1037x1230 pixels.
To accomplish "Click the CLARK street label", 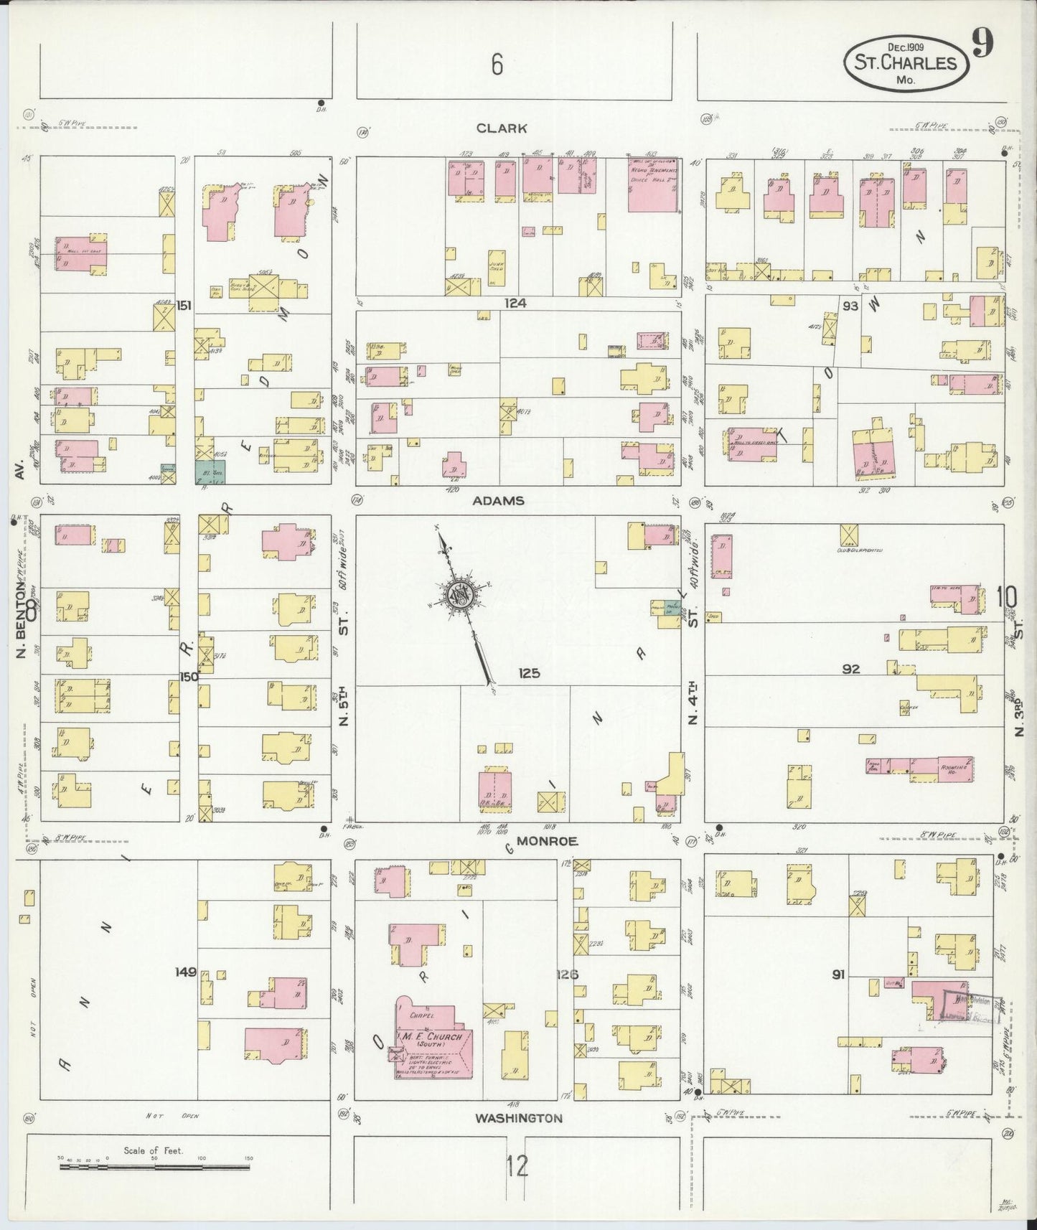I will (502, 128).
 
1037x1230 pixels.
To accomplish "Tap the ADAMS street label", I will (499, 501).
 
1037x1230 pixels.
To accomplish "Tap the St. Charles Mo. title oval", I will (905, 63).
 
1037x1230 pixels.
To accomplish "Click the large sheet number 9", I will (982, 45).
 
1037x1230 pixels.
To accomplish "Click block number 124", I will (515, 304).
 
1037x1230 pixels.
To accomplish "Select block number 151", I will (184, 306).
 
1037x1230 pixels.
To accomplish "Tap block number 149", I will (186, 972).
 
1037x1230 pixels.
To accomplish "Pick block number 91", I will (837, 975).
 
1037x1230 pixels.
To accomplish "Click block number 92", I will (851, 669).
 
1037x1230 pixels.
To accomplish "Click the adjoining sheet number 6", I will (497, 65).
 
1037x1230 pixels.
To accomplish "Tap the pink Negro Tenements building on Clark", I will (653, 184).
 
